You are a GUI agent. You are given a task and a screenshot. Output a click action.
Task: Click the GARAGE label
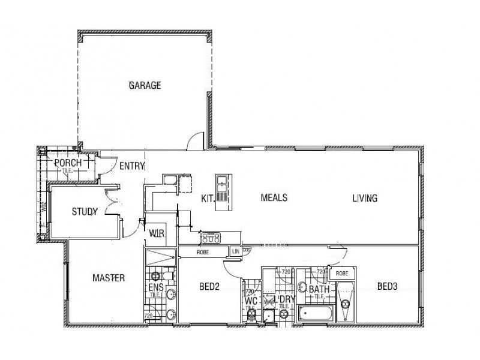coord(145,85)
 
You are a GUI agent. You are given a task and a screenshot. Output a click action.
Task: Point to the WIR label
coord(157,233)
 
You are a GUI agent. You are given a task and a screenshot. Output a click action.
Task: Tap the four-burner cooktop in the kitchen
coord(212,237)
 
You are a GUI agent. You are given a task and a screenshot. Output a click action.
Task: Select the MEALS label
coord(274,197)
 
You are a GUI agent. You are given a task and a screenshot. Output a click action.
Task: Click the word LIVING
coord(365,198)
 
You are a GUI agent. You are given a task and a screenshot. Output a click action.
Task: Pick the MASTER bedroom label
coord(109,278)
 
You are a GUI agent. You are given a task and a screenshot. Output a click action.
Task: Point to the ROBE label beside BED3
coord(342,273)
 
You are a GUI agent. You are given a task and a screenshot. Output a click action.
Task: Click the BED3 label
coord(387,287)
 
